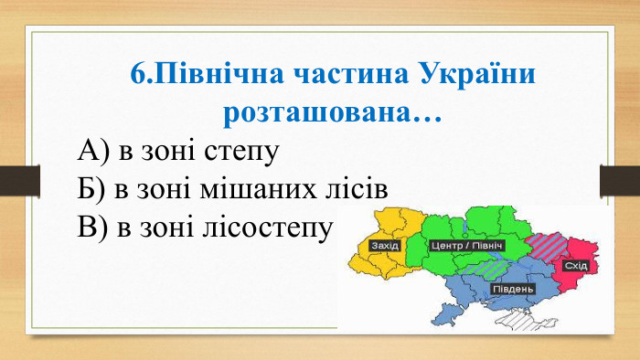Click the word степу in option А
pos(242,151)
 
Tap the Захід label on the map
pos(384,246)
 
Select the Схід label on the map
pos(575,265)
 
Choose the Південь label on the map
pos(513,290)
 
